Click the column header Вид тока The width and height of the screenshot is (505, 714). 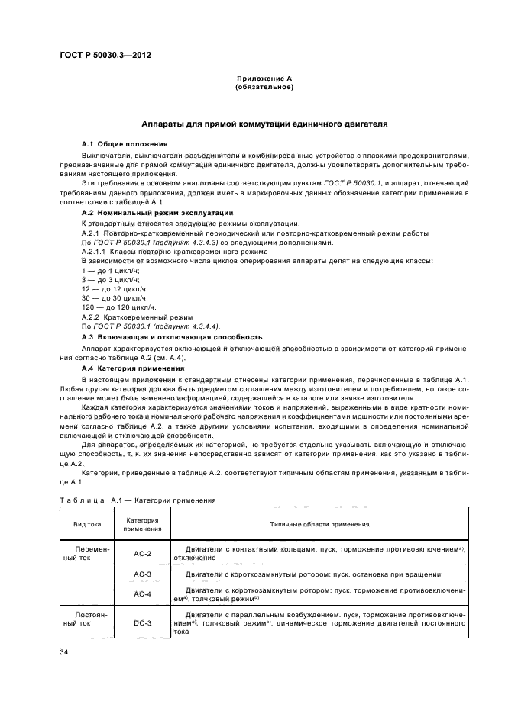[87, 525]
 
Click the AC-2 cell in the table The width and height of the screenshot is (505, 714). [142, 553]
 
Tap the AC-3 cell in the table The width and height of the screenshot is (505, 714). [142, 574]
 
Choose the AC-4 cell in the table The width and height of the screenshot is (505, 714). [142, 594]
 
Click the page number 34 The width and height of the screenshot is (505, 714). [66, 652]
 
